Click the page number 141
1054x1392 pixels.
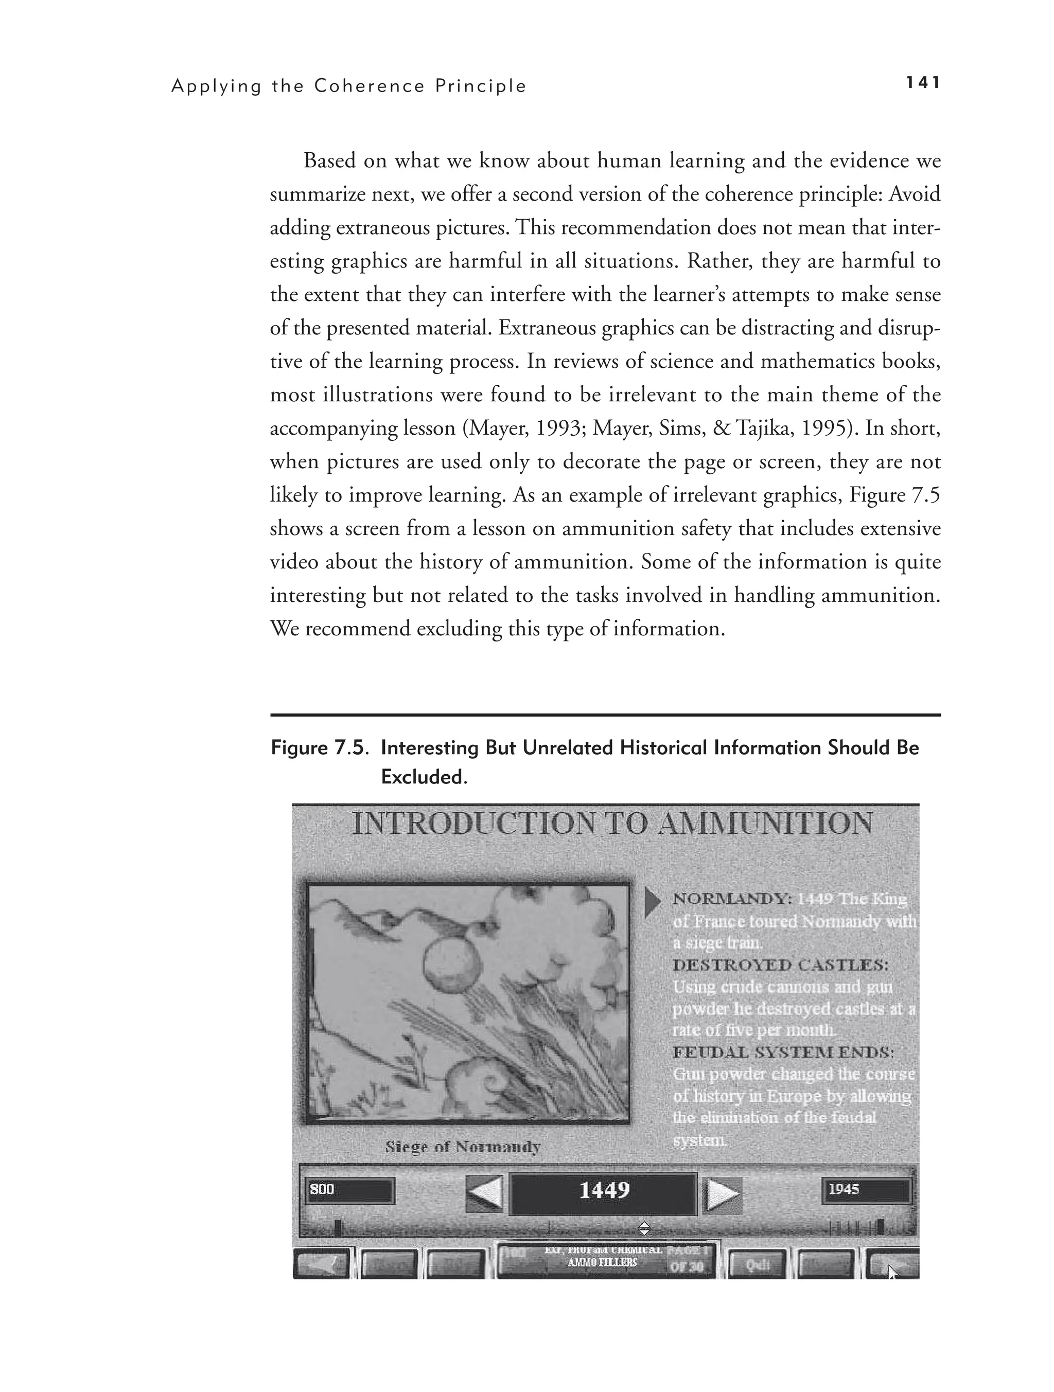922,83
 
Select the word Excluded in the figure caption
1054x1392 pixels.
423,778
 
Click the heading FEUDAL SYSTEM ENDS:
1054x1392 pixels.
783,1052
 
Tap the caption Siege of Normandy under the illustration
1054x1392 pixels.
463,1147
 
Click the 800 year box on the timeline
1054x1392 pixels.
350,1190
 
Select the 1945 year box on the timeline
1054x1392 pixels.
866,1190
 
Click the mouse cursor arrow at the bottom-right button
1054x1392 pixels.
893,1272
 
